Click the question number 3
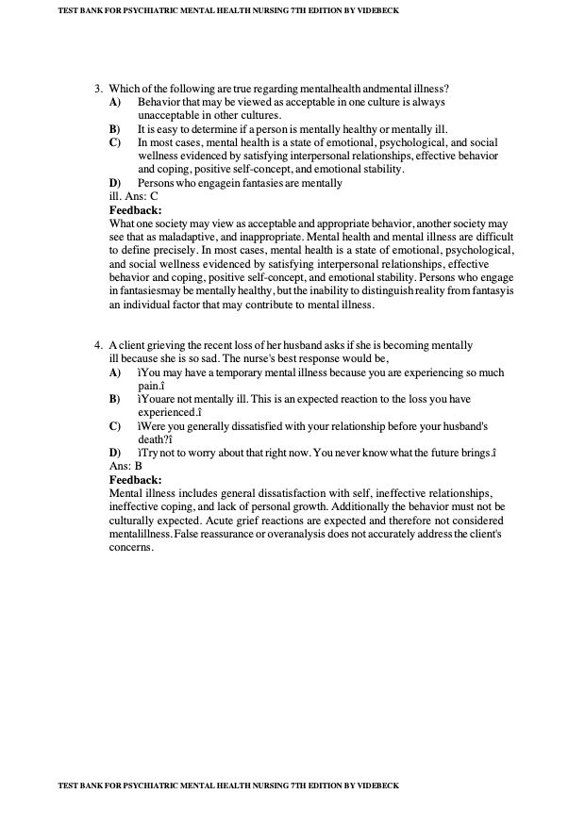[x=97, y=88]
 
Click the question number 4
[x=97, y=346]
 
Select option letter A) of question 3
[x=115, y=101]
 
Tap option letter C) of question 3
[x=115, y=141]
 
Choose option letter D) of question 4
[x=115, y=453]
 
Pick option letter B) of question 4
[x=115, y=399]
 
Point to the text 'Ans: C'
[x=142, y=196]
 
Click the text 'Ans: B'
[x=125, y=466]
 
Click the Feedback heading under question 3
[x=136, y=209]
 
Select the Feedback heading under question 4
[x=136, y=479]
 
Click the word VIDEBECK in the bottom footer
[x=377, y=786]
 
